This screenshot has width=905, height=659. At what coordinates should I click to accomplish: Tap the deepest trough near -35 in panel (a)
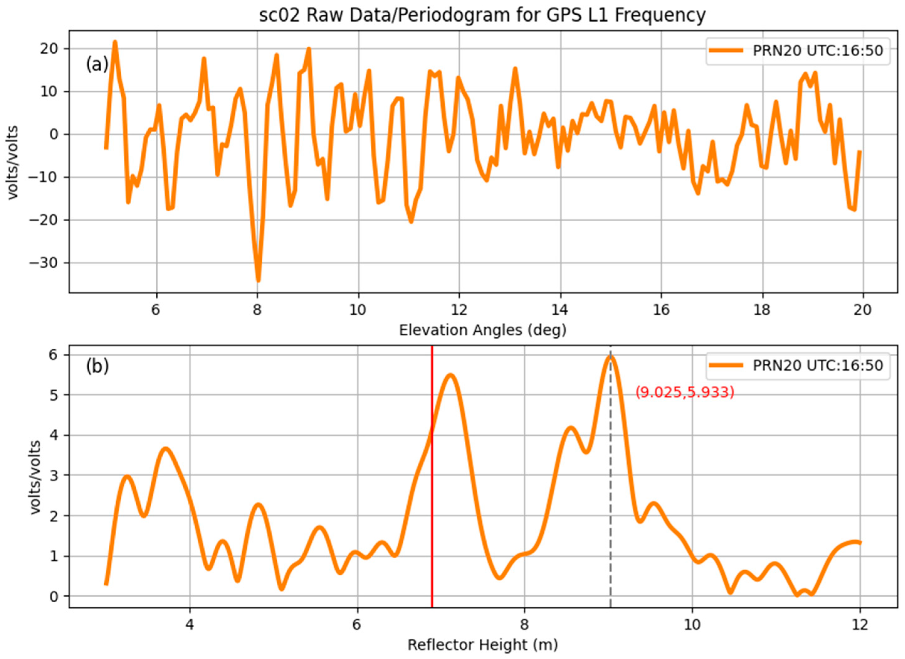[x=258, y=280]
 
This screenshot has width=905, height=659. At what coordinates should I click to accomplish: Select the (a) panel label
[x=97, y=64]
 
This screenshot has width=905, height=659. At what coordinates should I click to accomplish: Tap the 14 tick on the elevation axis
[x=560, y=310]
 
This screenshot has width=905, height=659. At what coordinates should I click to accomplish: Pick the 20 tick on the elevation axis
[x=863, y=310]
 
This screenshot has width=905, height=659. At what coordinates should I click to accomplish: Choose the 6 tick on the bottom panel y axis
[x=54, y=355]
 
